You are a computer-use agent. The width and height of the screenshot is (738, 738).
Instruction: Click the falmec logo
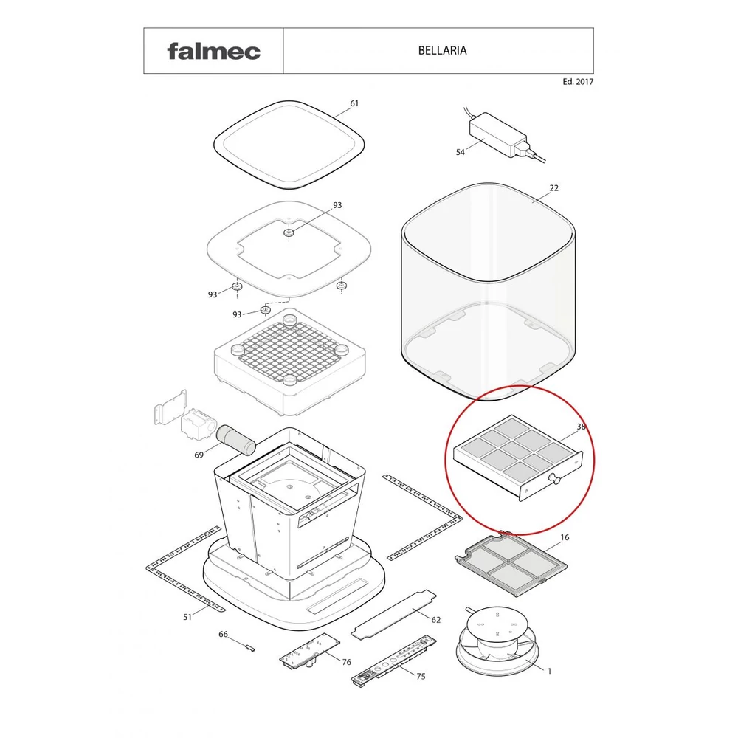pyautogui.click(x=214, y=52)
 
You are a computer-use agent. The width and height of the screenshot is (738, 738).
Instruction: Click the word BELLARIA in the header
pyautogui.click(x=442, y=50)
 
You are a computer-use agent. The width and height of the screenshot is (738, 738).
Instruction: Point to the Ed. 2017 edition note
pyautogui.click(x=578, y=81)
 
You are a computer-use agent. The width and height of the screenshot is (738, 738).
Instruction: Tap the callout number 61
pyautogui.click(x=354, y=103)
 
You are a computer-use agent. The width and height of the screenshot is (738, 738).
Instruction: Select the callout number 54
pyautogui.click(x=461, y=152)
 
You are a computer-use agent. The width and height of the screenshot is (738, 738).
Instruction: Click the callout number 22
pyautogui.click(x=554, y=187)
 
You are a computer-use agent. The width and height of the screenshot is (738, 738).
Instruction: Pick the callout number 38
pyautogui.click(x=582, y=427)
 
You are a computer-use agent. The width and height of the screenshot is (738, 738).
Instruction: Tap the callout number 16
pyautogui.click(x=565, y=537)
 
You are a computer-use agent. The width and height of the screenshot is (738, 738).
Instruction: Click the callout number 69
pyautogui.click(x=199, y=455)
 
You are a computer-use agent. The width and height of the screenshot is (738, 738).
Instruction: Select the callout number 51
pyautogui.click(x=187, y=616)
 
